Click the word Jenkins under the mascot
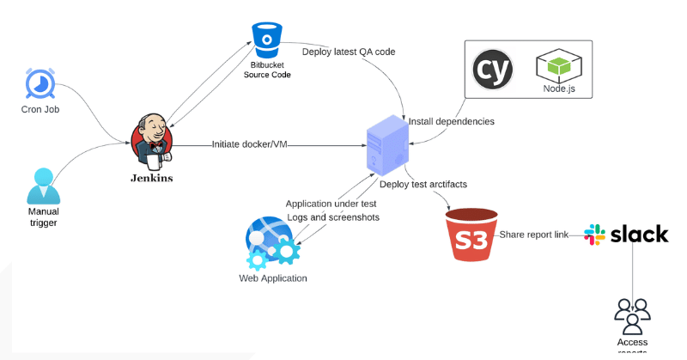151,179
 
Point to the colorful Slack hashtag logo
594,234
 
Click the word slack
639,234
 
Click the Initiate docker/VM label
249,144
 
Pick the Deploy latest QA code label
349,52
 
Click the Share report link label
534,235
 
